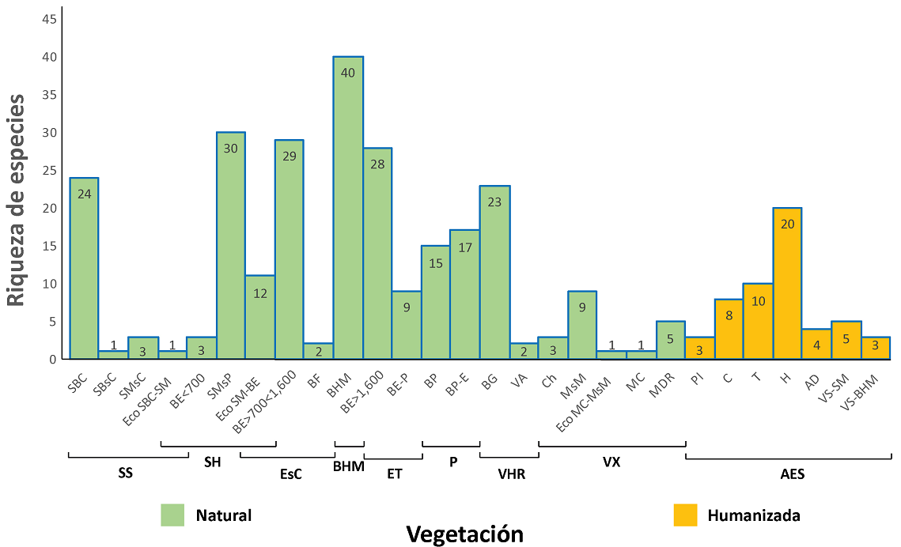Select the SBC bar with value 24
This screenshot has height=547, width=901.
coord(84,268)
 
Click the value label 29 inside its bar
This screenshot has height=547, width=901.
coord(290,156)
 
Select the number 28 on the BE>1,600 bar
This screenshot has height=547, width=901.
coord(377,164)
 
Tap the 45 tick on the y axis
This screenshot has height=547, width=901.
coord(49,19)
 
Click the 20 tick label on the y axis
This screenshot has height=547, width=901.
coord(49,208)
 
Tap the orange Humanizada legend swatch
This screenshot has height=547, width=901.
coord(685,515)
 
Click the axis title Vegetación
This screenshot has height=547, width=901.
coord(464,534)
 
